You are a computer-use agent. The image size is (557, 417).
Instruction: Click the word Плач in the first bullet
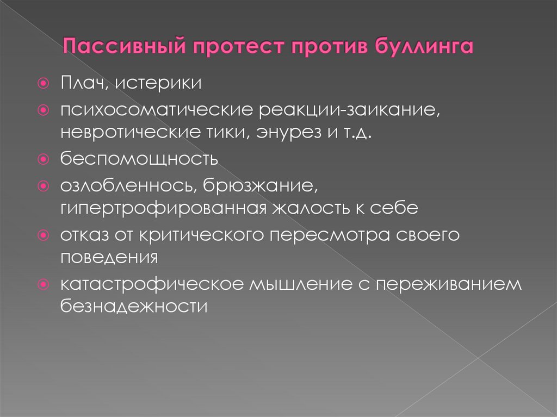click(77, 84)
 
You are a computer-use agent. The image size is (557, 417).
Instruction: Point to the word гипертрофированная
click(162, 208)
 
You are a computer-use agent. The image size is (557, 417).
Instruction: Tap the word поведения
click(109, 257)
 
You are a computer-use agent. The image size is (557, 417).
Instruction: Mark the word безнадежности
click(134, 306)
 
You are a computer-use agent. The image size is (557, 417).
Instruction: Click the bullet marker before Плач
click(43, 84)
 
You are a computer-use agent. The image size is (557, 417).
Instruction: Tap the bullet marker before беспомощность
click(43, 160)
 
